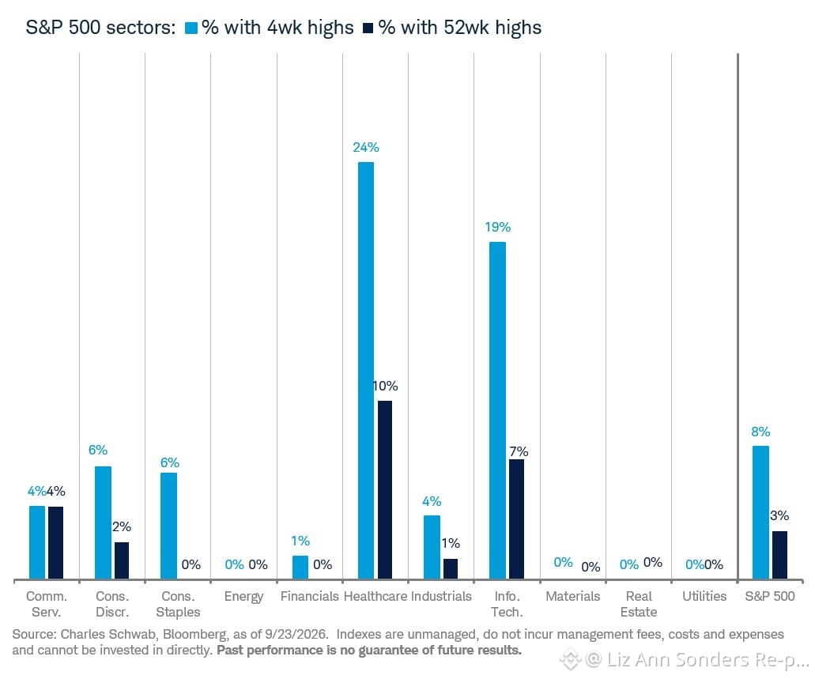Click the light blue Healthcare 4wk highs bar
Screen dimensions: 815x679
click(x=366, y=370)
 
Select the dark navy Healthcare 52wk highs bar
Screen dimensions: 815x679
click(x=385, y=490)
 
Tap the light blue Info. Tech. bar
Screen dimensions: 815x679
click(x=497, y=410)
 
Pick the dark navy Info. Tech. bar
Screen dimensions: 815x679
click(x=517, y=519)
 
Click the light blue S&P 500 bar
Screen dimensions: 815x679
click(x=760, y=512)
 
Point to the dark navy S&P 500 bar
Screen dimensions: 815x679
click(x=779, y=555)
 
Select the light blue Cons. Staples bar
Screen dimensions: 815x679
click(x=168, y=526)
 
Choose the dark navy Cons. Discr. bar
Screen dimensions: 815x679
click(x=122, y=560)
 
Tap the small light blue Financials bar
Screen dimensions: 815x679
click(x=300, y=568)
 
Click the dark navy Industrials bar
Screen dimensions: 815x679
click(x=451, y=569)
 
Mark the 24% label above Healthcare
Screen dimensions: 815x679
click(x=366, y=148)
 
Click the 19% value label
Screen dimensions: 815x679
click(x=497, y=227)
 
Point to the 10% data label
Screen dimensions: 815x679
click(x=386, y=386)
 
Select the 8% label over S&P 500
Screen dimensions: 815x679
click(x=760, y=432)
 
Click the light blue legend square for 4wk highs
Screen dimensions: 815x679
click(x=192, y=28)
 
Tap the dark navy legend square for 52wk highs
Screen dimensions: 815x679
click(x=368, y=28)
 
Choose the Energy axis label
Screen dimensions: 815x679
click(x=243, y=597)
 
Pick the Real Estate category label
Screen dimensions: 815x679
click(x=639, y=604)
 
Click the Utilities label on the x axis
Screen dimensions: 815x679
click(x=704, y=596)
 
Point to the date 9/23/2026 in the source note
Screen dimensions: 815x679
click(x=296, y=634)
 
